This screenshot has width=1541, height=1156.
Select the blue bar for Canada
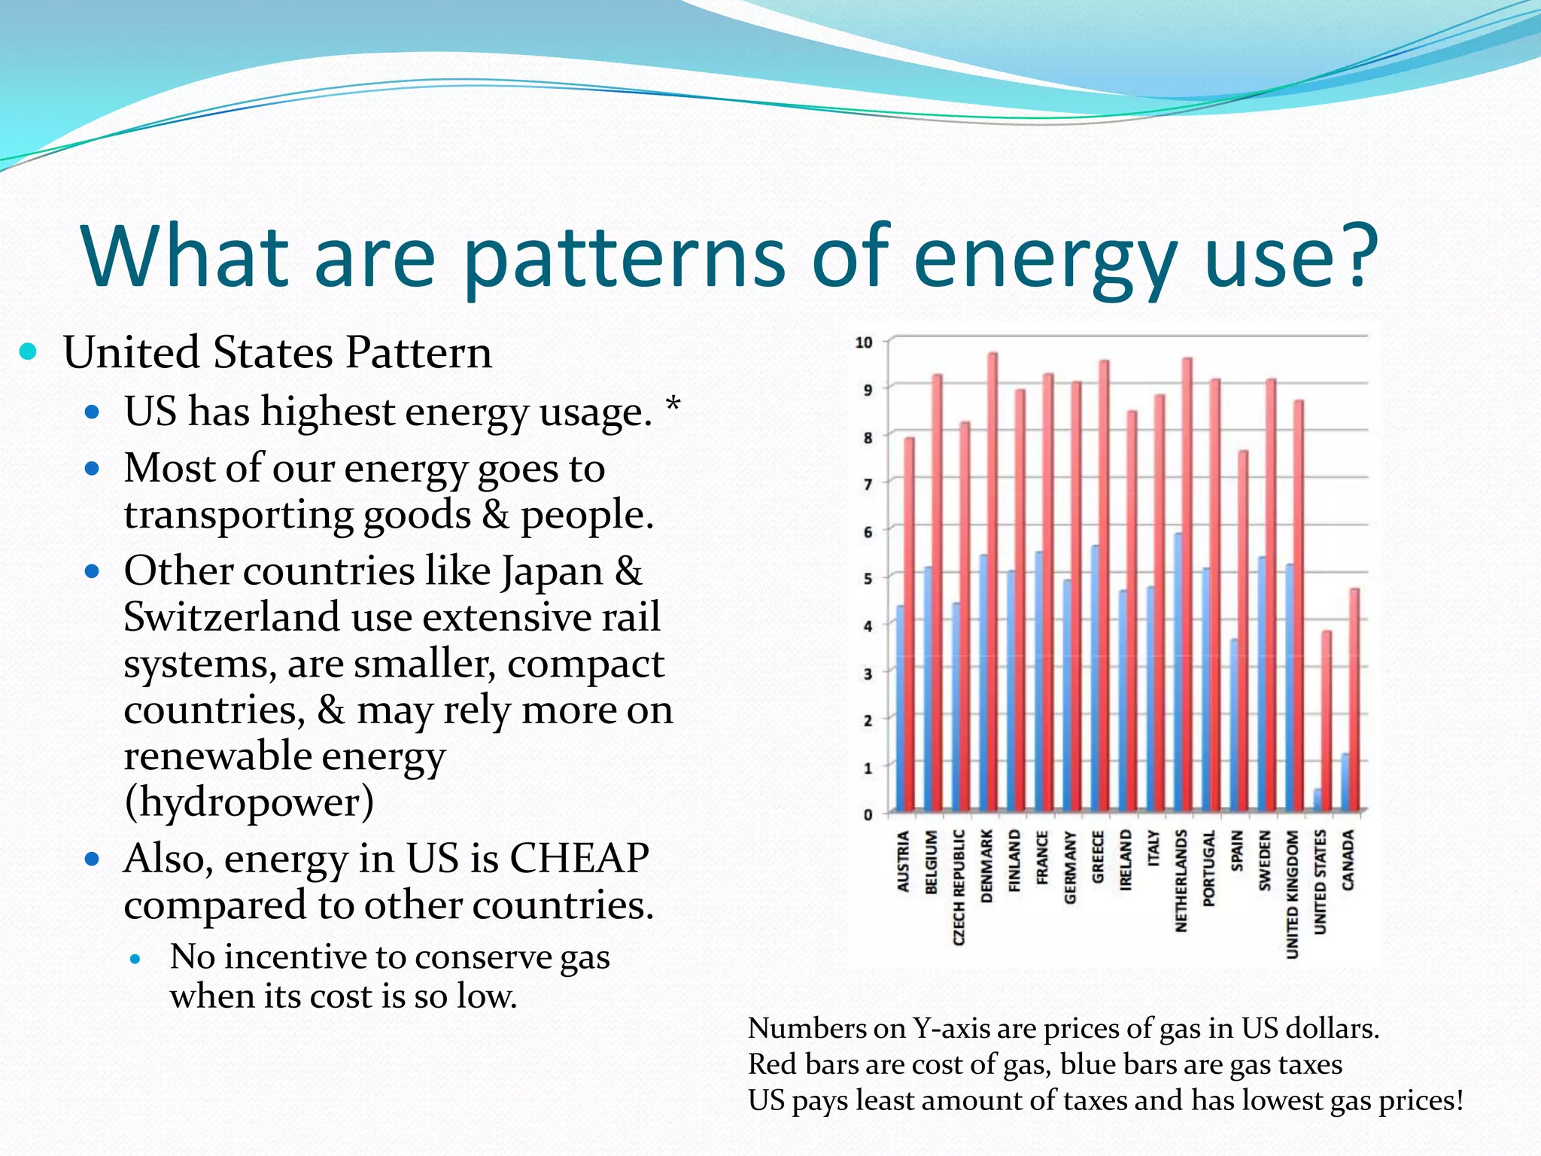click(1345, 783)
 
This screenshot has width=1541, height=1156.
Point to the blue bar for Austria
click(900, 708)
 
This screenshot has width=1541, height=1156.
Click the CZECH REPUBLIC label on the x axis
click(959, 887)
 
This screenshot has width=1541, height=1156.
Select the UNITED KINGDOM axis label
click(1293, 894)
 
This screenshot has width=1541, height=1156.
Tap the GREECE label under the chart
click(1097, 856)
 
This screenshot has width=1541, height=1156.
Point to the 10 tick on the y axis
click(864, 342)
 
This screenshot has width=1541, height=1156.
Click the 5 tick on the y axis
click(868, 579)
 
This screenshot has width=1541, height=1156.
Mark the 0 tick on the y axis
click(868, 814)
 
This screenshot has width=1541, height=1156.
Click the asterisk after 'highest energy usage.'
click(673, 406)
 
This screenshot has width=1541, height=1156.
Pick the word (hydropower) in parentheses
click(249, 802)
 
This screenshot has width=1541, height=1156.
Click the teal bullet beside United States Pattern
click(29, 351)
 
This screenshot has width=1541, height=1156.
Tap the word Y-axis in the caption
click(950, 1029)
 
